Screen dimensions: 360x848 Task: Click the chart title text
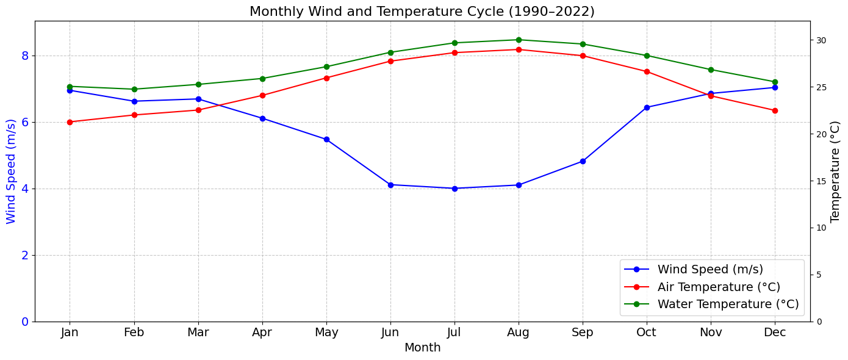(422, 12)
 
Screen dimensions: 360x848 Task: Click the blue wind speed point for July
(455, 189)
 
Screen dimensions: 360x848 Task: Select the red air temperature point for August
(519, 49)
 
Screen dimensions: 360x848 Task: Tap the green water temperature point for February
(134, 89)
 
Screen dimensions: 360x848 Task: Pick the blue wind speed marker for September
(583, 161)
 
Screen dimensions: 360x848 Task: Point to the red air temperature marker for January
(70, 122)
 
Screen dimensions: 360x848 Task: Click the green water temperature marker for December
(775, 82)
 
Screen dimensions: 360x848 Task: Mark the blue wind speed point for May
(326, 139)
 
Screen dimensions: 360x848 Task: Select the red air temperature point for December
(775, 110)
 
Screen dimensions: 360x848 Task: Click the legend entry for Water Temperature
(727, 304)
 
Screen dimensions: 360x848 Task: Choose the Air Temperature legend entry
(719, 287)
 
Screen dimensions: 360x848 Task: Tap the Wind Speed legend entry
(710, 269)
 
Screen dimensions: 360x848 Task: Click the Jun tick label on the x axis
(390, 333)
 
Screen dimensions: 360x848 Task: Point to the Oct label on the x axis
(647, 333)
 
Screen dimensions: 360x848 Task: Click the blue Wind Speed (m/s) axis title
(11, 171)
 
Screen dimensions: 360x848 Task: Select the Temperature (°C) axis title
(835, 171)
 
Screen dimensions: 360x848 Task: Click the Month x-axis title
(422, 348)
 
